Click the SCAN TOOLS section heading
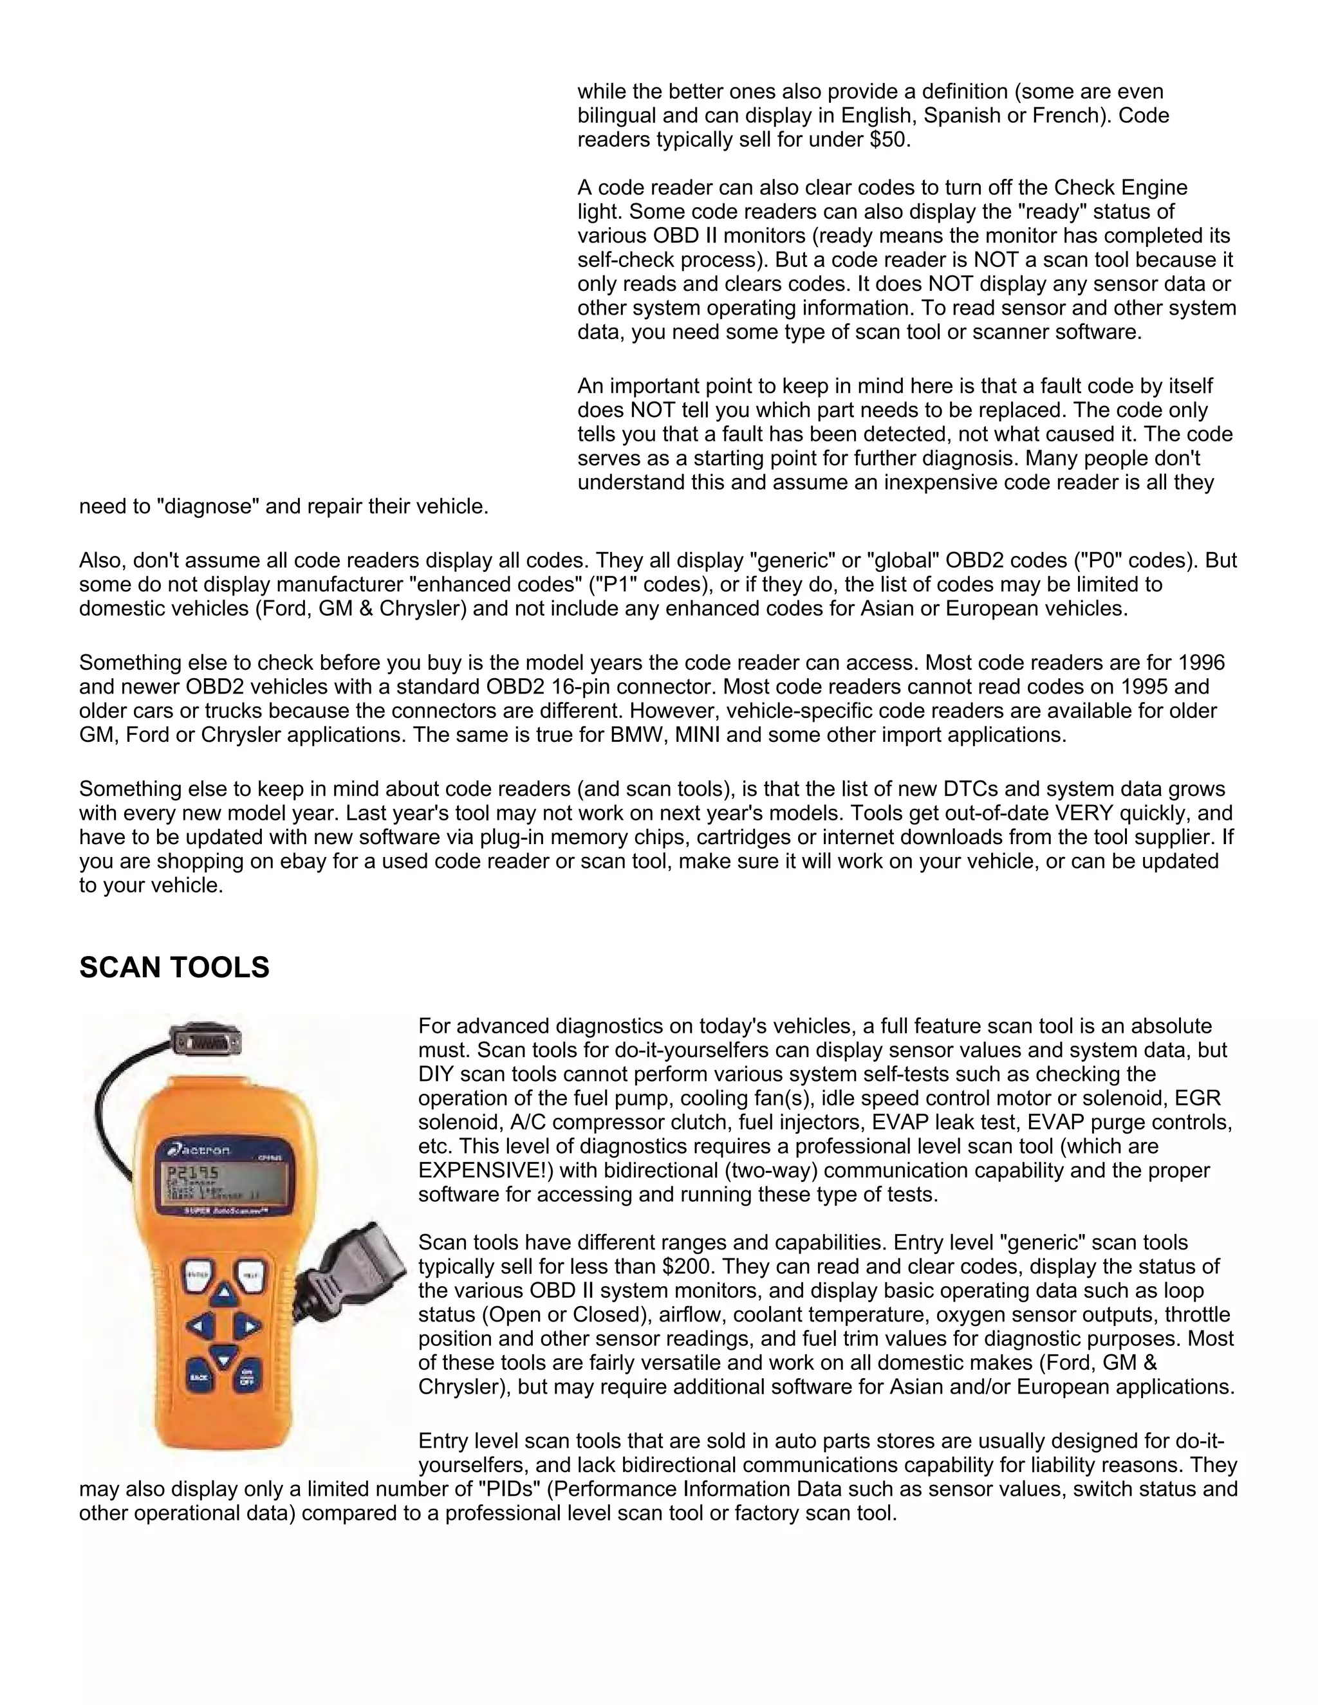pyautogui.click(x=174, y=968)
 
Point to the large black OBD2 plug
pyautogui.click(x=355, y=1269)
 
